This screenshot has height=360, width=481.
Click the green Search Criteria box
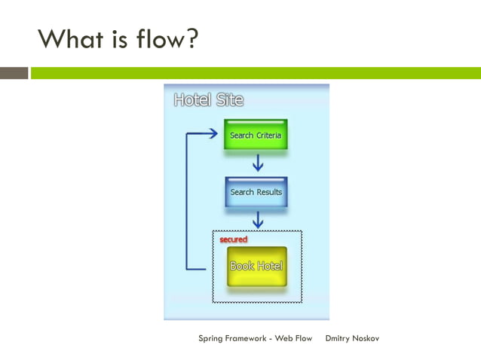pos(256,135)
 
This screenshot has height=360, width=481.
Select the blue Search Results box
pos(256,191)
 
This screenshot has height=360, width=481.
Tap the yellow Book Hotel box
pos(256,266)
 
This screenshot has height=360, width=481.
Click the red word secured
pos(233,239)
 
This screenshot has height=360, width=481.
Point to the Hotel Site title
pos(208,99)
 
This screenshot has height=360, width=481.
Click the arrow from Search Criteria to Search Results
pos(257,163)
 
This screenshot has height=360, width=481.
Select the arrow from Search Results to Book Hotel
pos(257,219)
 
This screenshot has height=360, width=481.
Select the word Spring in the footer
pos(212,339)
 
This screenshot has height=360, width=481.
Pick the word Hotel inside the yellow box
pos(269,266)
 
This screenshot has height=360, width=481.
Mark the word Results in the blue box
pos(268,192)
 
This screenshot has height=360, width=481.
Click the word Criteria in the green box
pos(268,136)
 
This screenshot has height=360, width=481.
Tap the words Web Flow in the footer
pos(293,338)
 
